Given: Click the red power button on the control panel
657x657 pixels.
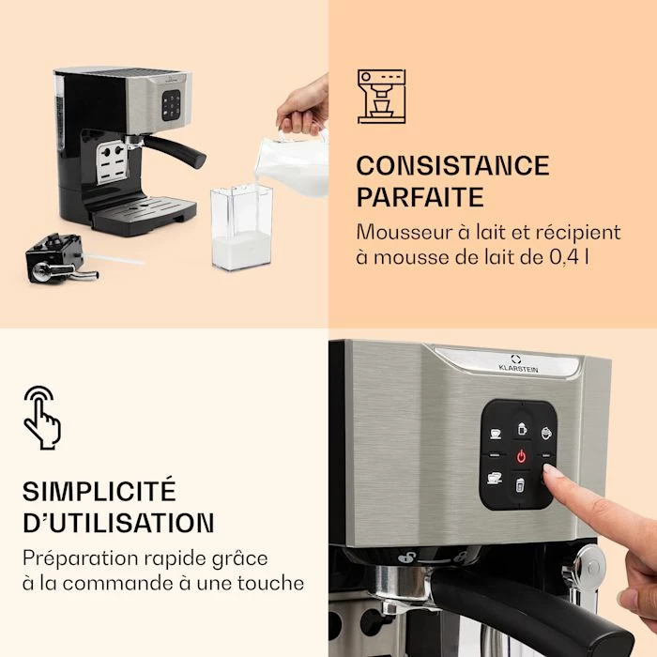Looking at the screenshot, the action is pyautogui.click(x=521, y=456).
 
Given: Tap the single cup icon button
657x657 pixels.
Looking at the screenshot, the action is pyautogui.click(x=496, y=434).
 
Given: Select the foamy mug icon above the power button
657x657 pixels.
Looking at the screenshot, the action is pyautogui.click(x=522, y=429).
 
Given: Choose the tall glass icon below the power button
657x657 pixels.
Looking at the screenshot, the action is pyautogui.click(x=520, y=485).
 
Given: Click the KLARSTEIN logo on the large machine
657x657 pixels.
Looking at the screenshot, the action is pyautogui.click(x=518, y=364).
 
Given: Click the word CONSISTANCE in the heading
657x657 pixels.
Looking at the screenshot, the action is pyautogui.click(x=452, y=165).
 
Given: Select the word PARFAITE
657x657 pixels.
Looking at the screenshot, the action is pyautogui.click(x=420, y=197).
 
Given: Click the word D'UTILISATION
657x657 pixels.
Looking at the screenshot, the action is pyautogui.click(x=118, y=522).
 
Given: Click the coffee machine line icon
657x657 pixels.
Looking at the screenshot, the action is pyautogui.click(x=381, y=97).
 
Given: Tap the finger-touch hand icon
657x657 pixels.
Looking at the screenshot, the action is pyautogui.click(x=42, y=418).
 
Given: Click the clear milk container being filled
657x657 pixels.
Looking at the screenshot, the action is pyautogui.click(x=242, y=227).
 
